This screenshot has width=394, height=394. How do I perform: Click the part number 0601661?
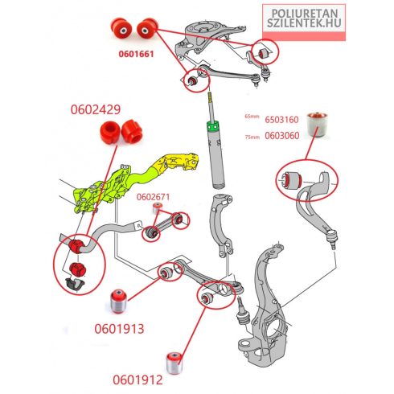click(136, 54)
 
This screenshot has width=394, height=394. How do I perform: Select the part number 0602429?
click(96, 109)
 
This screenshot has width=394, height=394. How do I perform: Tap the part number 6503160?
click(281, 120)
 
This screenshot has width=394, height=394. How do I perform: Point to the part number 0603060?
click(282, 136)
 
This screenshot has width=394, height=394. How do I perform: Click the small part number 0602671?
click(153, 197)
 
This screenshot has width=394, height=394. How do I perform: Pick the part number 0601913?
click(119, 329)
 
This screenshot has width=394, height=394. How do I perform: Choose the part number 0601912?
click(137, 380)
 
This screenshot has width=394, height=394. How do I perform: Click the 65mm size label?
click(252, 117)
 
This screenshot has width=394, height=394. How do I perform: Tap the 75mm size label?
click(252, 137)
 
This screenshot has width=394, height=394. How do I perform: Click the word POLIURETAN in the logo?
click(305, 14)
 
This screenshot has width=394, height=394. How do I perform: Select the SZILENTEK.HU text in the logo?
click(304, 23)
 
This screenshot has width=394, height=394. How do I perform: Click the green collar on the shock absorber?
click(214, 126)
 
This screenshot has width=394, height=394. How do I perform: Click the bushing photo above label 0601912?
click(174, 363)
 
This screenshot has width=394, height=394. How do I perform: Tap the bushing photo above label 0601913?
click(119, 301)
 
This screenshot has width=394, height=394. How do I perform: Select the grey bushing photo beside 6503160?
click(318, 125)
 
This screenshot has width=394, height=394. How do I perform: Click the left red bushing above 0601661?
click(121, 28)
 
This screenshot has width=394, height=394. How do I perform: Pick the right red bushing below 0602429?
click(132, 132)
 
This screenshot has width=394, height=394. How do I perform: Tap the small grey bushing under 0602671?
click(158, 207)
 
